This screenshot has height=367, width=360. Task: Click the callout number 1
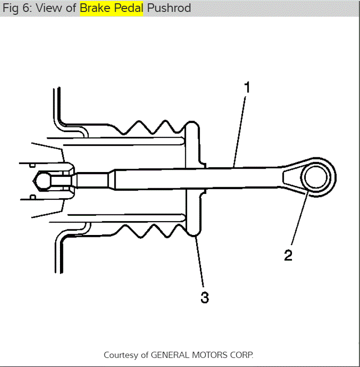(x=247, y=88)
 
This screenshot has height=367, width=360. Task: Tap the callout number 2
(x=288, y=255)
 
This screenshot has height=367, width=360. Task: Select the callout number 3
(x=204, y=298)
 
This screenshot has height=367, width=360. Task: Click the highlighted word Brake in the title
(x=95, y=8)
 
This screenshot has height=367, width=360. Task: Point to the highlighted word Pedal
(x=128, y=8)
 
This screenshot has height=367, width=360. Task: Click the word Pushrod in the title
(x=169, y=8)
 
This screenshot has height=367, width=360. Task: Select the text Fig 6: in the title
(x=15, y=8)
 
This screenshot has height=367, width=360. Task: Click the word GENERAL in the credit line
(x=171, y=355)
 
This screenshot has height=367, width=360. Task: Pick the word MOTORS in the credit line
(x=211, y=355)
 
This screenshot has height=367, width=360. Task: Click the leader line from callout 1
(x=240, y=129)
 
